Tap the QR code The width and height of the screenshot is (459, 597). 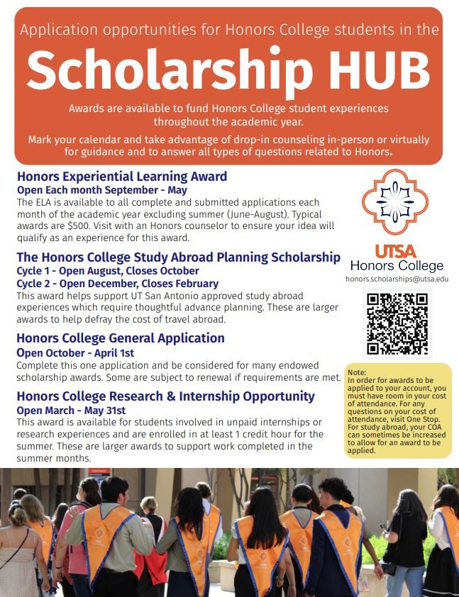[x=397, y=323]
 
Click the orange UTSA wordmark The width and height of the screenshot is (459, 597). [x=396, y=250]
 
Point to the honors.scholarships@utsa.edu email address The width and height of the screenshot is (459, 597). [x=397, y=279]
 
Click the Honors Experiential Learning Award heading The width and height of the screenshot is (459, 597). [x=122, y=177]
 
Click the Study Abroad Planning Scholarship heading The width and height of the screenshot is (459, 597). [x=178, y=257]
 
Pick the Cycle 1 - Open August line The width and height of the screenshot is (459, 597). [x=108, y=270]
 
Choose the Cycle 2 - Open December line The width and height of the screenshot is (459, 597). [x=117, y=283]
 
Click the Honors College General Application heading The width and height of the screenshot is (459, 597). [x=121, y=338]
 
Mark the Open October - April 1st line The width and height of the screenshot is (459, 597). [x=85, y=352]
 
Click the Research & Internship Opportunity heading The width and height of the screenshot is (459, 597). [x=165, y=396]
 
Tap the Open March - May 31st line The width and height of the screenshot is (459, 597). [x=71, y=410]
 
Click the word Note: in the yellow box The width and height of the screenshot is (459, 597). [x=357, y=372]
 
